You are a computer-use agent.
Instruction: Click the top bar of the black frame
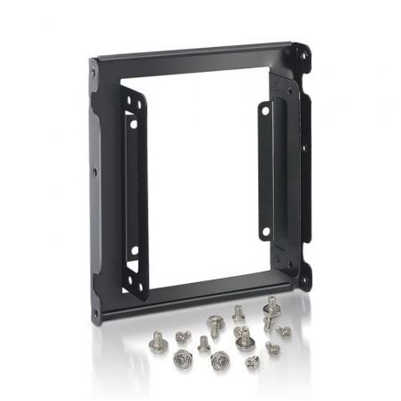195,53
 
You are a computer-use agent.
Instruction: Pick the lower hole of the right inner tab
264,232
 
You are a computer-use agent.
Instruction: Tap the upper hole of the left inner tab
134,123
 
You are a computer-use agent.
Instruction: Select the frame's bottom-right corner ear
303,279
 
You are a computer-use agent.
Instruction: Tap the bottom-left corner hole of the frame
96,312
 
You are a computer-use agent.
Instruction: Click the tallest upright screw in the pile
270,311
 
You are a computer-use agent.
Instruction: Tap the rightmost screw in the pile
283,331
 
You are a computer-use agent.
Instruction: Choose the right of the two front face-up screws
220,359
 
